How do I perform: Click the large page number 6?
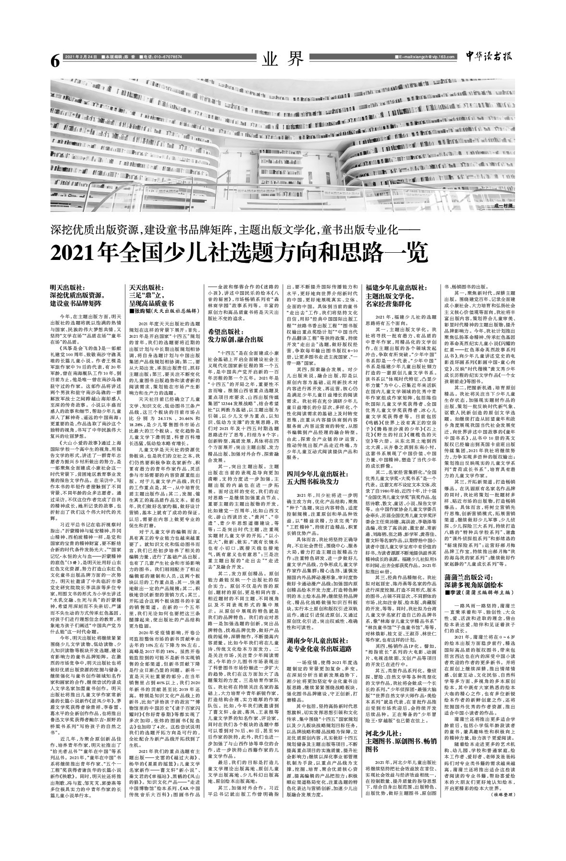click(54, 61)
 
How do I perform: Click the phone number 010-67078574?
click(163, 57)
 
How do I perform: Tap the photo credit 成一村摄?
click(499, 205)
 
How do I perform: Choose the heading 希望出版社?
click(226, 332)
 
